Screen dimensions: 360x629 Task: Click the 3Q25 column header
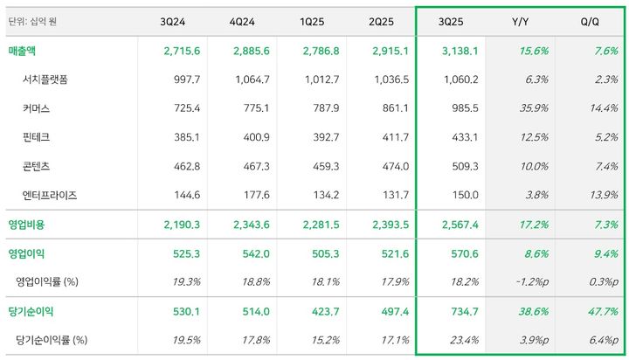coord(460,20)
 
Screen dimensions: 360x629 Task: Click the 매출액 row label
coord(26,51)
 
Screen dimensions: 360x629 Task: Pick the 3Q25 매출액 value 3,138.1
coord(460,51)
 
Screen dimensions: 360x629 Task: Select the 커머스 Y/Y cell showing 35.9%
coord(532,109)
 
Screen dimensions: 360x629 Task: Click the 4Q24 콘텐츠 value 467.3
coord(252,167)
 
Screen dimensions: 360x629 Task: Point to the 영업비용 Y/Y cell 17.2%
coord(532,225)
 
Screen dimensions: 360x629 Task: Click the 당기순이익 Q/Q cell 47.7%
coord(602,311)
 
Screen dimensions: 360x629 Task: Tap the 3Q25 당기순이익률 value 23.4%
coord(463,339)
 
